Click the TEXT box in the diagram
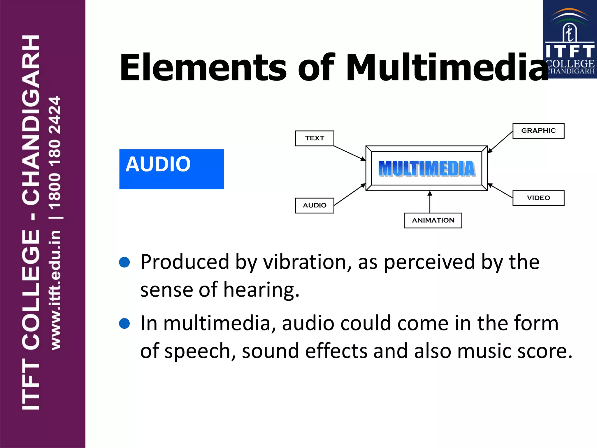[x=315, y=138]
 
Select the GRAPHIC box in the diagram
[x=538, y=131]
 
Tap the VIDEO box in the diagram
[x=538, y=198]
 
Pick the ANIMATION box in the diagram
[x=433, y=220]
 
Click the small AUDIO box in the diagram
[x=315, y=205]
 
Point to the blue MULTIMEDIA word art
[x=426, y=169]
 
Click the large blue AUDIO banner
[x=171, y=169]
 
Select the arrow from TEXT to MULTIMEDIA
[x=349, y=153]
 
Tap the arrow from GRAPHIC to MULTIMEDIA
[x=500, y=142]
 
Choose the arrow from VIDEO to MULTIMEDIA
[x=500, y=191]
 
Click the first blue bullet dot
[x=124, y=262]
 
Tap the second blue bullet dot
[x=124, y=323]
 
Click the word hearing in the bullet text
[x=261, y=290]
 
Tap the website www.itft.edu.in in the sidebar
[x=55, y=290]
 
